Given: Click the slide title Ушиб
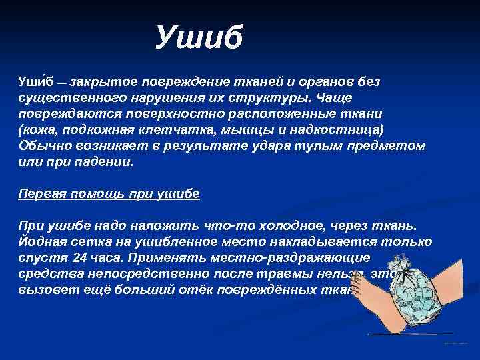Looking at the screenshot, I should coord(201,37).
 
